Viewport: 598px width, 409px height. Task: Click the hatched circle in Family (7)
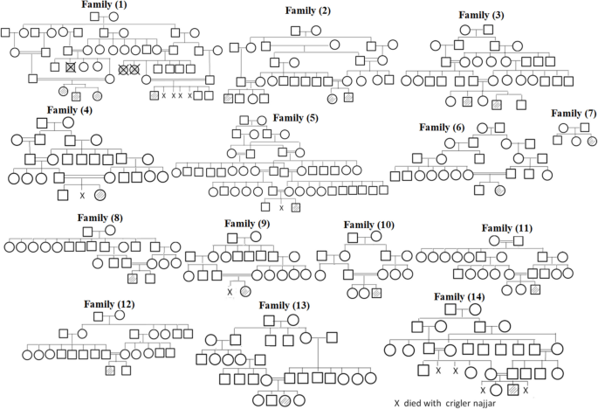click(x=593, y=141)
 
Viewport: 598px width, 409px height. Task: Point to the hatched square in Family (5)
click(x=296, y=207)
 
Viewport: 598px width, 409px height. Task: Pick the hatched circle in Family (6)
click(x=499, y=190)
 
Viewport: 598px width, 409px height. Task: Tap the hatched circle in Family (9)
click(x=245, y=291)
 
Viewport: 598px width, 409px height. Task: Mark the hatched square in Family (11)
click(x=535, y=289)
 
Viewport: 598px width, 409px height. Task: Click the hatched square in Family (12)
click(x=110, y=371)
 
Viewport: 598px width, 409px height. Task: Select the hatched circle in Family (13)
click(x=284, y=400)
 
